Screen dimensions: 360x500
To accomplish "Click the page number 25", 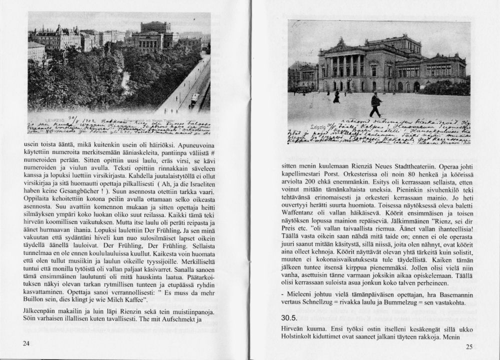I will pos(469,346).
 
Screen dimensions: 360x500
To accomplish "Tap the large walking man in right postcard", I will pos(375,105).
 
